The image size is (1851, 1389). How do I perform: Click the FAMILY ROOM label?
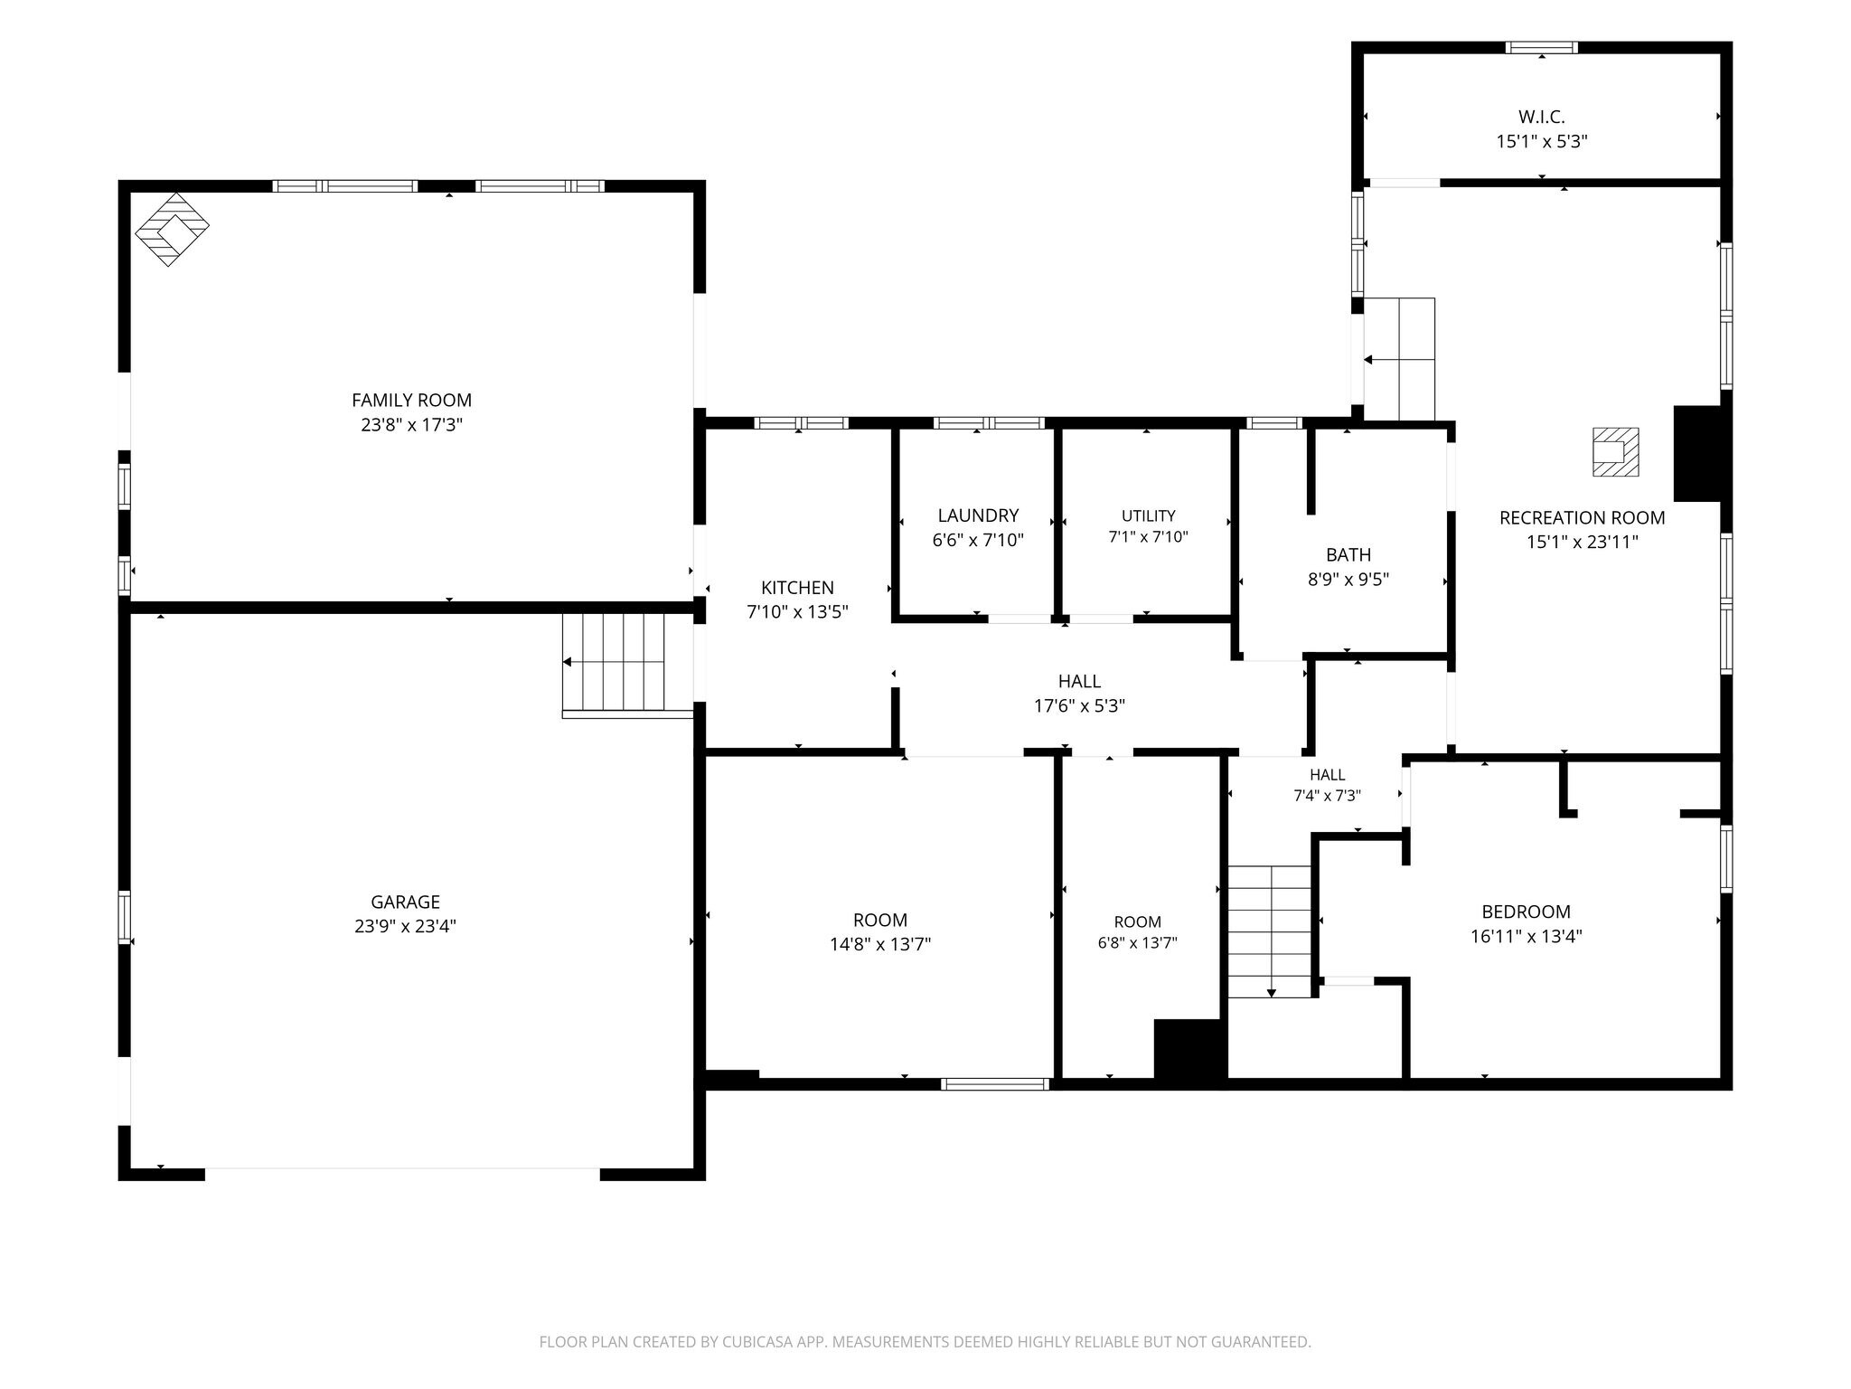click(411, 400)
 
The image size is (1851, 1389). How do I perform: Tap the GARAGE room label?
click(405, 902)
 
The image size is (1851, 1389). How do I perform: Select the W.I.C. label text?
click(1541, 117)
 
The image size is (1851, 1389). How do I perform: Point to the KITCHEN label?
click(797, 588)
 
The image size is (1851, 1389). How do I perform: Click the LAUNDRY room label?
click(978, 515)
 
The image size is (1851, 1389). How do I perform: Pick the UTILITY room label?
click(1148, 515)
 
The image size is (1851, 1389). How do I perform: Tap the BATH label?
click(1348, 555)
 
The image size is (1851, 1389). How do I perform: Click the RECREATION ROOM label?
click(1582, 518)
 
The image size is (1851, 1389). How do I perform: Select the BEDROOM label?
click(1526, 912)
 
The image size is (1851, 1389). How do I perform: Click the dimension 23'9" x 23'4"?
click(405, 926)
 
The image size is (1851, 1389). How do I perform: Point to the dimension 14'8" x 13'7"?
click(880, 944)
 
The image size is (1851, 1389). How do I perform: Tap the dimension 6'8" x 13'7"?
click(1137, 943)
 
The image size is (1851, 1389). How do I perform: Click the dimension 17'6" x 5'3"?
click(1079, 705)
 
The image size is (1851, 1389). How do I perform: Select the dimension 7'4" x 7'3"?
click(1327, 796)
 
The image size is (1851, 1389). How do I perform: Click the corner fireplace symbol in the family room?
click(172, 229)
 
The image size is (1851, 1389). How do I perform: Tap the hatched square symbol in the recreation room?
click(1615, 452)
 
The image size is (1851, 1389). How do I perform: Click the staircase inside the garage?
click(627, 666)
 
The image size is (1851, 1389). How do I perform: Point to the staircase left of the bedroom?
click(1270, 931)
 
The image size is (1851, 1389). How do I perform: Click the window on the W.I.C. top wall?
click(1541, 47)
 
